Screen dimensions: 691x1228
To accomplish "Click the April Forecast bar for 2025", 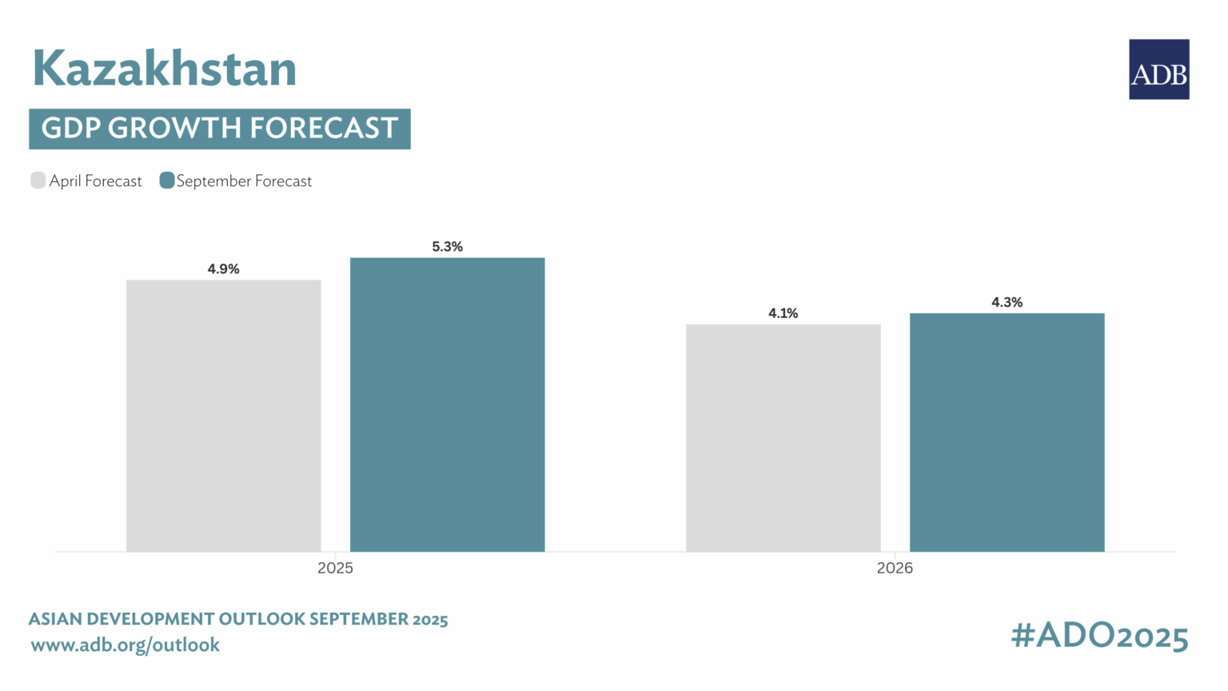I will pyautogui.click(x=223, y=415).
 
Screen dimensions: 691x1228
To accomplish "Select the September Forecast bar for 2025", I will pyautogui.click(x=447, y=404).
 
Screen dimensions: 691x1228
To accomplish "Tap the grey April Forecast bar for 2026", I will pyautogui.click(x=783, y=438).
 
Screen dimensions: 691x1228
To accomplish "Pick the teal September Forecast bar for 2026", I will pyautogui.click(x=1007, y=432).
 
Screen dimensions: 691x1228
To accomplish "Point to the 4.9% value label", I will pyautogui.click(x=223, y=269).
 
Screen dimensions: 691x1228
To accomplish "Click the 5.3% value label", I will pyautogui.click(x=447, y=247).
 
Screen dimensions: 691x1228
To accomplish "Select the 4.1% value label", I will pyautogui.click(x=783, y=313).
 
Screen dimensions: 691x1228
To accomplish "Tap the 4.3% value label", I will pyautogui.click(x=1007, y=302).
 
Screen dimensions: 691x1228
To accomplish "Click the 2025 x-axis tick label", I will pyautogui.click(x=335, y=569).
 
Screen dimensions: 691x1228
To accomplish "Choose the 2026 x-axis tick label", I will pyautogui.click(x=895, y=569).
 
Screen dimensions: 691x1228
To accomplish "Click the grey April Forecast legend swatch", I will pyautogui.click(x=38, y=181).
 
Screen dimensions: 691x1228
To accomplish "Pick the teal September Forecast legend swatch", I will pyautogui.click(x=167, y=181).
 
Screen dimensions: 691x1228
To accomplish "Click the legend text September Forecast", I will pyautogui.click(x=244, y=181).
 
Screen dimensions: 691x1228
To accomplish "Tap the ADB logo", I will pyautogui.click(x=1158, y=69).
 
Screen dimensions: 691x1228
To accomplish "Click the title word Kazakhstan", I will pyautogui.click(x=165, y=69).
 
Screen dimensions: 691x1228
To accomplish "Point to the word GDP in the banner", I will pyautogui.click(x=70, y=129).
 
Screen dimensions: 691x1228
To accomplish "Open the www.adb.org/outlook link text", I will pyautogui.click(x=125, y=645).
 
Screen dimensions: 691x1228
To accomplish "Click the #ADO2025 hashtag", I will pyautogui.click(x=1099, y=637).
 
